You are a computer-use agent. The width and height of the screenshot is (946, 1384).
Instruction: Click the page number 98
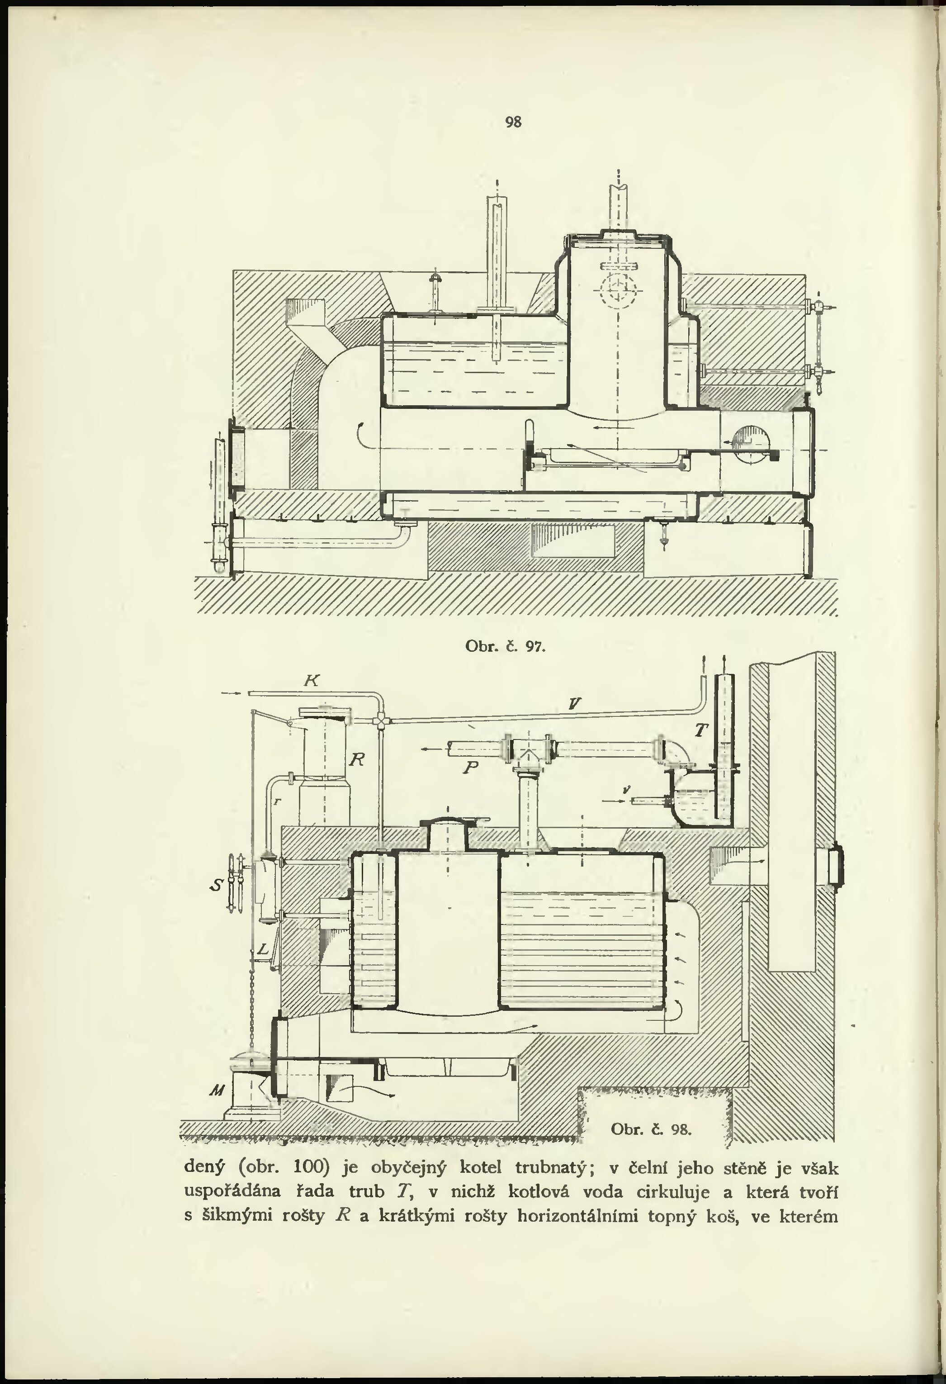(513, 122)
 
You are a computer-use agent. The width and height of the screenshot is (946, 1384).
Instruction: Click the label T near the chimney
(702, 730)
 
